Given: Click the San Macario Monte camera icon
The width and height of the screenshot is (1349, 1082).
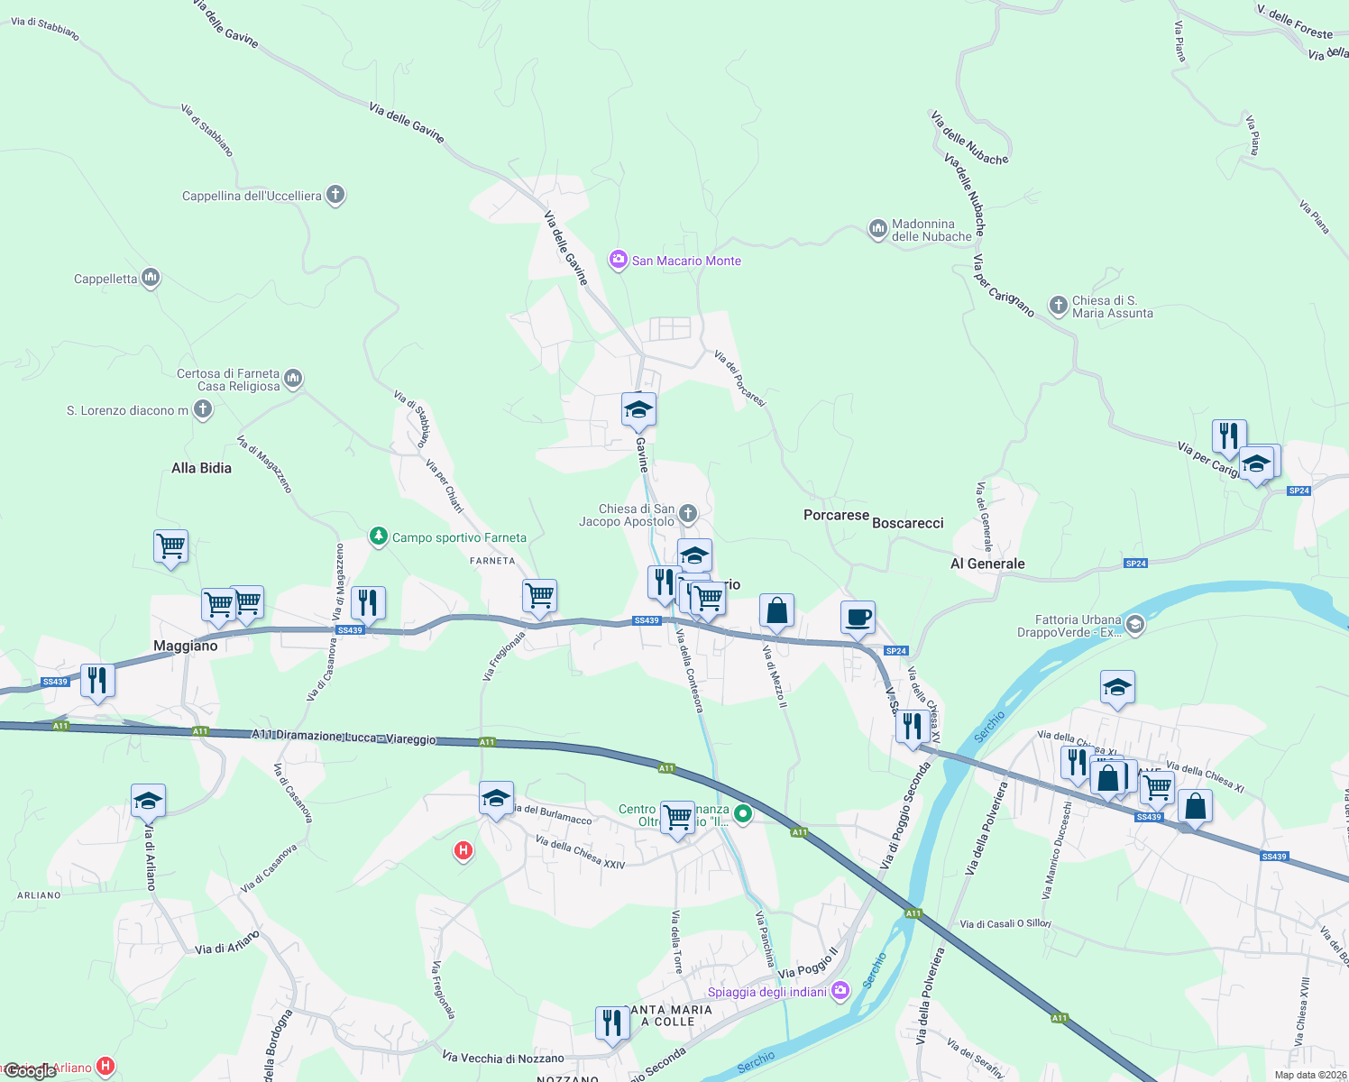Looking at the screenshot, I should click(618, 261).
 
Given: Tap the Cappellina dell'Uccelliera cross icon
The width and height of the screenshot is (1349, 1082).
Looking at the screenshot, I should click(335, 195).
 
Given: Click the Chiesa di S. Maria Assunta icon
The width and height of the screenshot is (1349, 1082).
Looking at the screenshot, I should click(1059, 306).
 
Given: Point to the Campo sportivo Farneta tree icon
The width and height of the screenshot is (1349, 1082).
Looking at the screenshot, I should click(379, 536).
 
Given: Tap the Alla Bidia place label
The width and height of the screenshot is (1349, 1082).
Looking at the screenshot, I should click(201, 468).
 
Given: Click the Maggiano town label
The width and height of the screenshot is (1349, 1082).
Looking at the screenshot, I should click(186, 646).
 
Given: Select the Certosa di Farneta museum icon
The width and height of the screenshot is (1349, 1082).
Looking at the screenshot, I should click(293, 379).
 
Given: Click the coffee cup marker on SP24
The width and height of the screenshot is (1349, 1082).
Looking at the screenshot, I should click(858, 618).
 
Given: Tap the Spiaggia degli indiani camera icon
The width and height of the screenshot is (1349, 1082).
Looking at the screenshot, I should click(840, 991).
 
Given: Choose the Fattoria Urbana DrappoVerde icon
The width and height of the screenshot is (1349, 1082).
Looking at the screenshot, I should click(1135, 624).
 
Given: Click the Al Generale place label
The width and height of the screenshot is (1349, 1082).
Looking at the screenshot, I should click(987, 564).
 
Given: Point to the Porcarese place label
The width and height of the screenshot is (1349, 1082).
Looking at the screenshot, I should click(836, 515).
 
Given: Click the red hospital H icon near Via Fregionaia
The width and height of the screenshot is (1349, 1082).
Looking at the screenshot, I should click(463, 849).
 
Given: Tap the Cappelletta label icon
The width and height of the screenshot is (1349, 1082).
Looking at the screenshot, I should click(151, 278).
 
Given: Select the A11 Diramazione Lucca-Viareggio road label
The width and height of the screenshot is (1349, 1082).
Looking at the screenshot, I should click(344, 736).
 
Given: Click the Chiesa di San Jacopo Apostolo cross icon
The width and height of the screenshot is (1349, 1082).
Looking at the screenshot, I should click(688, 514).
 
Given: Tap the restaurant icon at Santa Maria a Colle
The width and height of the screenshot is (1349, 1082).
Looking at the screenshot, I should click(612, 1023).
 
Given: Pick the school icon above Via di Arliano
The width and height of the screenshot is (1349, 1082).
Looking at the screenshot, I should click(148, 800).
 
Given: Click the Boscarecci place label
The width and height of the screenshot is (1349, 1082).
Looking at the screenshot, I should click(908, 523).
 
